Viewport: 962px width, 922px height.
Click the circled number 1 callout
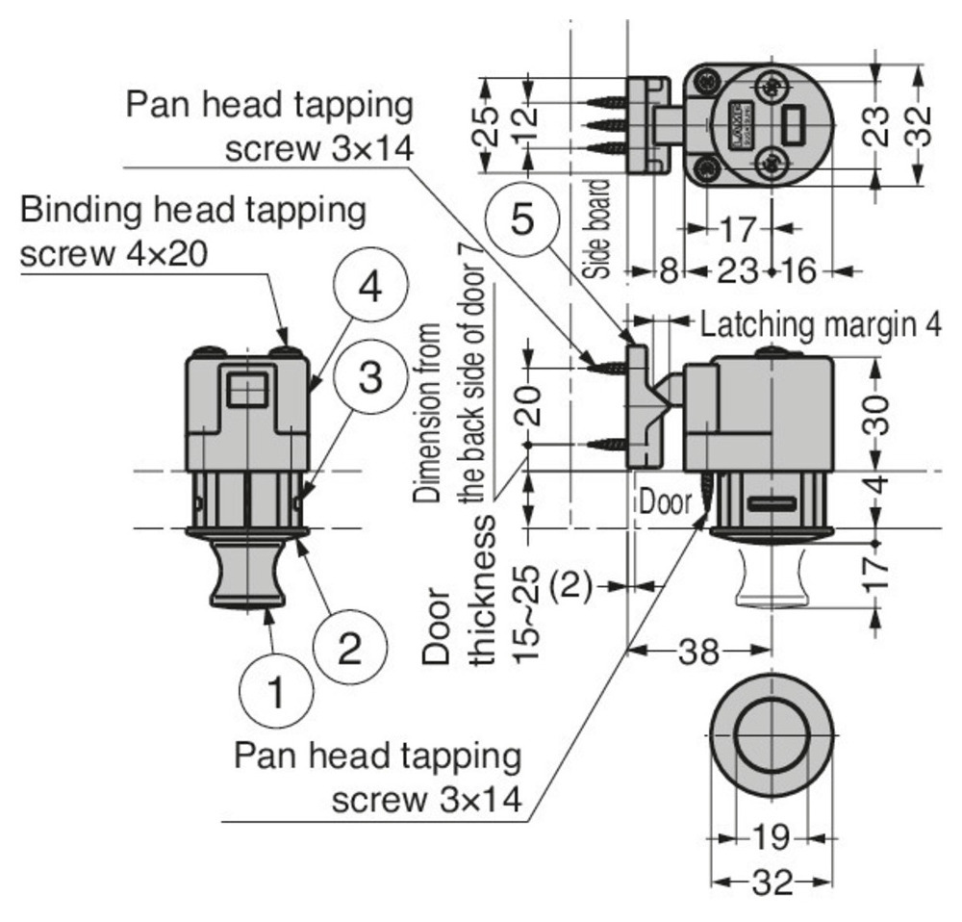pyautogui.click(x=276, y=691)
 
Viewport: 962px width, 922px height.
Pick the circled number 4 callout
pyautogui.click(x=370, y=288)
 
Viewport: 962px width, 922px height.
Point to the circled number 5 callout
pyautogui.click(x=521, y=219)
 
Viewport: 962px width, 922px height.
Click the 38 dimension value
pyautogui.click(x=698, y=653)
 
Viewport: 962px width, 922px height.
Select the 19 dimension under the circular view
pyautogui.click(x=770, y=838)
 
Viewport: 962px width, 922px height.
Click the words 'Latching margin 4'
pyautogui.click(x=820, y=324)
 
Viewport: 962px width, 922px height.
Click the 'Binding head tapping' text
pyautogui.click(x=192, y=210)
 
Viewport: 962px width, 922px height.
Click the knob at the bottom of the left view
pyautogui.click(x=247, y=576)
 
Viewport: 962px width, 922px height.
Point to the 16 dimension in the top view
pyautogui.click(x=797, y=271)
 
